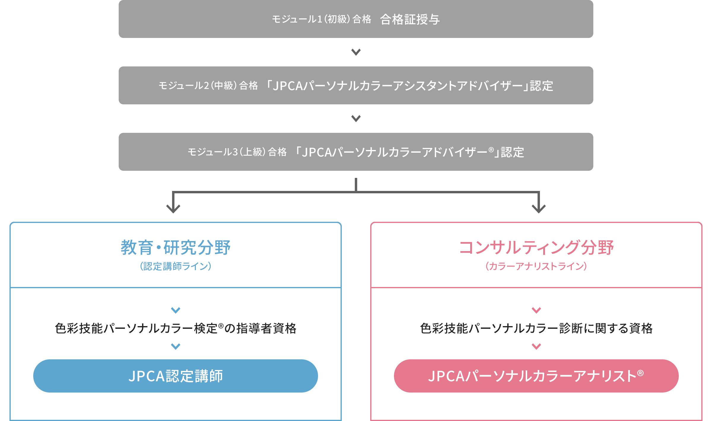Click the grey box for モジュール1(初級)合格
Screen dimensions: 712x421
click(356, 19)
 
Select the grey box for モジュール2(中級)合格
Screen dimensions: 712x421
click(356, 85)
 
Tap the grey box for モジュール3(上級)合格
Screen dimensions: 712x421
click(356, 152)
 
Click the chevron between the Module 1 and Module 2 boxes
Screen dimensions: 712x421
click(356, 52)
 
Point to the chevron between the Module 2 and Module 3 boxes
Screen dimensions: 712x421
click(356, 119)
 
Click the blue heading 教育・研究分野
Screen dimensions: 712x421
click(176, 247)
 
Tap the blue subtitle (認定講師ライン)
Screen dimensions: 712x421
click(176, 266)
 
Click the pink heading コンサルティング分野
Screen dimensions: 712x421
click(536, 247)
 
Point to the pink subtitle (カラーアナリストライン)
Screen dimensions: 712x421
click(536, 266)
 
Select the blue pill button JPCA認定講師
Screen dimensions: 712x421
click(176, 376)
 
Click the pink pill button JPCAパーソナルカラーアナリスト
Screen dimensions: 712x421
click(536, 376)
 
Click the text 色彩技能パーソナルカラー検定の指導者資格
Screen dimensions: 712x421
click(176, 328)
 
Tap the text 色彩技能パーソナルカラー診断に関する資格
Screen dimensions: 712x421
click(536, 328)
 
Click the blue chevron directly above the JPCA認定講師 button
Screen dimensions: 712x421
click(176, 346)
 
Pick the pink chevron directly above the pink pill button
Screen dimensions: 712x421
click(536, 346)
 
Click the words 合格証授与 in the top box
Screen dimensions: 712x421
click(410, 19)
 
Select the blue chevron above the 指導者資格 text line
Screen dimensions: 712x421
click(176, 310)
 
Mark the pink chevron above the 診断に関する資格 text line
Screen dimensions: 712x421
click(536, 310)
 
